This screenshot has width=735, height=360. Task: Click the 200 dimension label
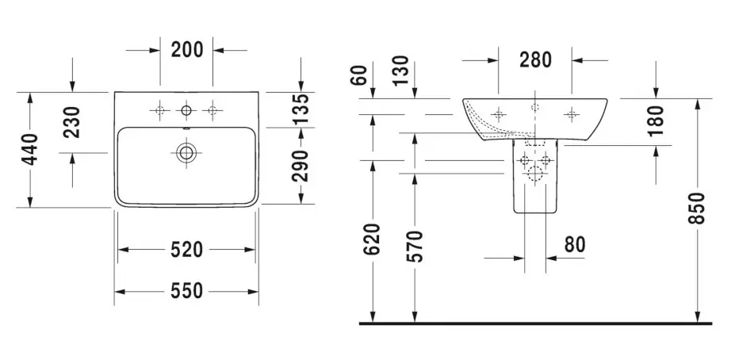click(x=187, y=50)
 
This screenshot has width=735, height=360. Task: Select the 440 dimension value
click(x=30, y=150)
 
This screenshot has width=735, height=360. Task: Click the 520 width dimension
click(x=187, y=251)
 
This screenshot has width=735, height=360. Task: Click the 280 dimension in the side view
click(x=535, y=59)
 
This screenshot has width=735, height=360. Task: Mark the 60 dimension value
click(x=360, y=77)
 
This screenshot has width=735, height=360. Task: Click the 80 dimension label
click(x=576, y=243)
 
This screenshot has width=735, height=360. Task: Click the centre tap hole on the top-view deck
click(x=186, y=111)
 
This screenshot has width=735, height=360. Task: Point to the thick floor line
click(x=535, y=324)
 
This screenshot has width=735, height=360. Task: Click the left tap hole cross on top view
click(x=159, y=111)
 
